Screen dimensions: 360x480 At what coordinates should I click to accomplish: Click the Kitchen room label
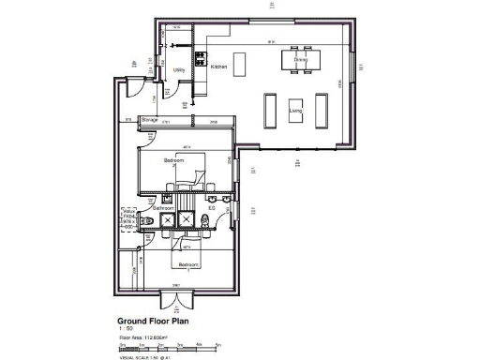(218, 67)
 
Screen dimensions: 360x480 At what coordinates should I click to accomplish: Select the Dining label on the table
(300, 59)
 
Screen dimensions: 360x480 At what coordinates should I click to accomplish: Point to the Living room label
(295, 112)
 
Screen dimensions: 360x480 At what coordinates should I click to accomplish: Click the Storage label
(148, 121)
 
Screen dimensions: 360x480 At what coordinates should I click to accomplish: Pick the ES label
(224, 208)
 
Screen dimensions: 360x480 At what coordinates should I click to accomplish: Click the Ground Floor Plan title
(154, 320)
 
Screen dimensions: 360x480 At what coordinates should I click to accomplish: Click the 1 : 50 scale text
(126, 327)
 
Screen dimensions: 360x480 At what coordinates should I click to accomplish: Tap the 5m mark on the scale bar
(218, 344)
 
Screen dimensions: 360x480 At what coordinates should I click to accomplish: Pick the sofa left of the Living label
(271, 110)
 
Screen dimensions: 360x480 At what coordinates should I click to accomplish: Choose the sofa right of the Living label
(323, 110)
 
